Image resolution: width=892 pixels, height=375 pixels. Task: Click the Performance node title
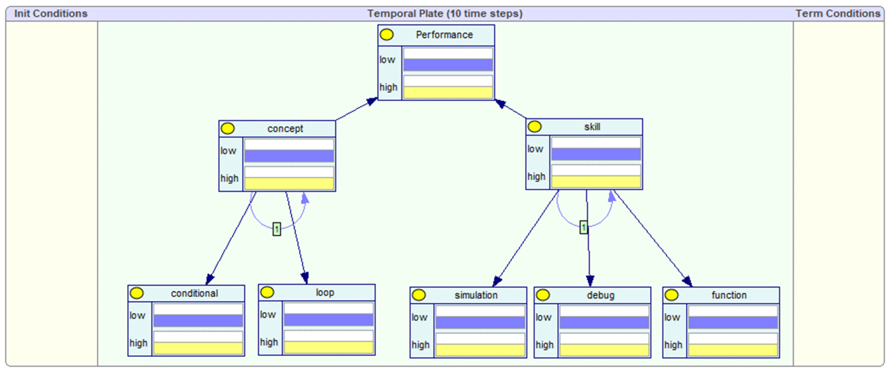(444, 35)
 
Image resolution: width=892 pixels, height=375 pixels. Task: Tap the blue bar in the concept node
(289, 156)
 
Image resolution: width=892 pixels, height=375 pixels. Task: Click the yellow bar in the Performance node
(448, 93)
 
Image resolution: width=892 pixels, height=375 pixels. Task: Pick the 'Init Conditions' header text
(51, 14)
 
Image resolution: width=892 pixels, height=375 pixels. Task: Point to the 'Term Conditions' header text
(837, 14)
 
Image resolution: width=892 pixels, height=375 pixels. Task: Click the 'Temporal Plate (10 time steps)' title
(445, 14)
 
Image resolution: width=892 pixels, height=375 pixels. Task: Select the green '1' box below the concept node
(276, 229)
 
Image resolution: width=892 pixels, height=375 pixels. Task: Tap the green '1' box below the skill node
(584, 227)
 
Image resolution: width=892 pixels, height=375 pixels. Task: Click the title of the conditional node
(194, 293)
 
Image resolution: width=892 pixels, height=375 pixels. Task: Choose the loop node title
(325, 293)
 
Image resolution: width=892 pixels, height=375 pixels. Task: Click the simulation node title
(476, 295)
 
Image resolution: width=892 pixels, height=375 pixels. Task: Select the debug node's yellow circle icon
(543, 295)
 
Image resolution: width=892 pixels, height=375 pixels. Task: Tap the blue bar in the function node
(733, 322)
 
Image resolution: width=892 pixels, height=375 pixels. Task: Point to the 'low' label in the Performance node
(387, 60)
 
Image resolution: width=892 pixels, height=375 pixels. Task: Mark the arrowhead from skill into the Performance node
(500, 104)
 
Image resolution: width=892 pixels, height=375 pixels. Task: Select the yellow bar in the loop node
(328, 347)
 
